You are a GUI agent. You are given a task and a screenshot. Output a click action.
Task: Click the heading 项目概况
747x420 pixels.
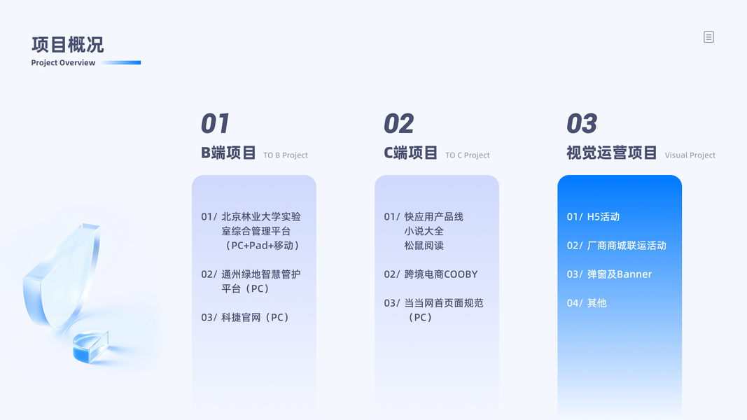click(68, 45)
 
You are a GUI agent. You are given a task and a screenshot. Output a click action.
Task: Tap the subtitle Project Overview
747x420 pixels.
click(63, 63)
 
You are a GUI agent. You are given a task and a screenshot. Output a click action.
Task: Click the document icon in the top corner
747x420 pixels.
click(709, 37)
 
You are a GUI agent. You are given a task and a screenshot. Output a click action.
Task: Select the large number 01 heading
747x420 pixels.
click(215, 124)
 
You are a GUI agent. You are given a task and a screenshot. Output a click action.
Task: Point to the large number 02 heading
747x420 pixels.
click(399, 124)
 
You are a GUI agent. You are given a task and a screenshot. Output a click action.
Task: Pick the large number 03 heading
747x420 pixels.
click(582, 124)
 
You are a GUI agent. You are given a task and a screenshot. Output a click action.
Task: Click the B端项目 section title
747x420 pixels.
click(228, 153)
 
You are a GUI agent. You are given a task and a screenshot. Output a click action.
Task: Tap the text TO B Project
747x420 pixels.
click(286, 155)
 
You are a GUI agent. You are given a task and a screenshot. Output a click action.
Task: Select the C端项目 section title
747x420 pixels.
click(411, 153)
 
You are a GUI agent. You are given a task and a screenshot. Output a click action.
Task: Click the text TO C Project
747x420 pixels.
click(468, 155)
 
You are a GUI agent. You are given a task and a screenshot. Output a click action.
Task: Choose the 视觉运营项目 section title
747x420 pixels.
click(612, 153)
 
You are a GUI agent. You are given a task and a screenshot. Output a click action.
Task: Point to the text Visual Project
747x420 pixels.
click(690, 155)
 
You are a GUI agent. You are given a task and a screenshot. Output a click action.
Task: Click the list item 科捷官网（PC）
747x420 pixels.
click(245, 318)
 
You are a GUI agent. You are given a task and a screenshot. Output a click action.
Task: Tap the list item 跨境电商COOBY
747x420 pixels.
click(431, 274)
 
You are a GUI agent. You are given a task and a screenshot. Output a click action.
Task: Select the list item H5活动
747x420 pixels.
click(593, 217)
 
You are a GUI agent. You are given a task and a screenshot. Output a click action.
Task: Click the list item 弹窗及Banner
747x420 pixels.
click(609, 274)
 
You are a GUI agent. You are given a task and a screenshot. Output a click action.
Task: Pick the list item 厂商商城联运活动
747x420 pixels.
click(617, 246)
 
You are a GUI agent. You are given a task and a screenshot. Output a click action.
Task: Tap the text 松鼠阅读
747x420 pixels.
click(424, 246)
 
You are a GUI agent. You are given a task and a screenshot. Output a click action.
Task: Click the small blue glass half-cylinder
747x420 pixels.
click(90, 346)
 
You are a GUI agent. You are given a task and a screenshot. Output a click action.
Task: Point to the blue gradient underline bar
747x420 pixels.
click(122, 62)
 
